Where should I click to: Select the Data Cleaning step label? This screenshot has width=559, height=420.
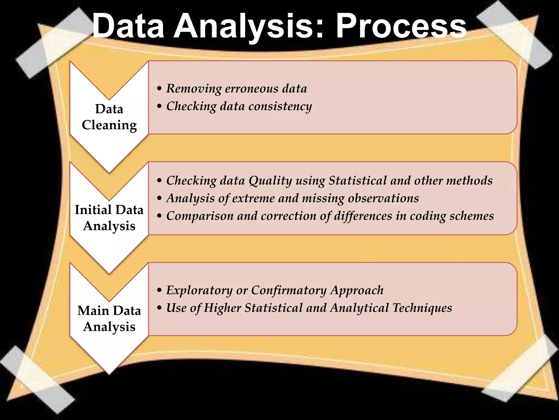click(109, 117)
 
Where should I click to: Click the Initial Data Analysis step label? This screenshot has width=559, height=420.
click(109, 218)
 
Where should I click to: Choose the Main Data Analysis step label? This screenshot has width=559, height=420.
click(109, 319)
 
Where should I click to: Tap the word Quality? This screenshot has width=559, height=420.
click(270, 181)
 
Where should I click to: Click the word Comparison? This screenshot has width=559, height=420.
click(200, 216)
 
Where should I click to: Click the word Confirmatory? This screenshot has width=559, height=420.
click(289, 290)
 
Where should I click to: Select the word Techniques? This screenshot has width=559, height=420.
click(422, 308)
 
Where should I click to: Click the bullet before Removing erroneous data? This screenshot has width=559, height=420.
click(159, 89)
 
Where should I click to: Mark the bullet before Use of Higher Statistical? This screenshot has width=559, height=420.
click(159, 308)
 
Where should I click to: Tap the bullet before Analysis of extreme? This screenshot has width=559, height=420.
click(159, 198)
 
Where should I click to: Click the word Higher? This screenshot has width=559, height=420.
click(222, 308)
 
